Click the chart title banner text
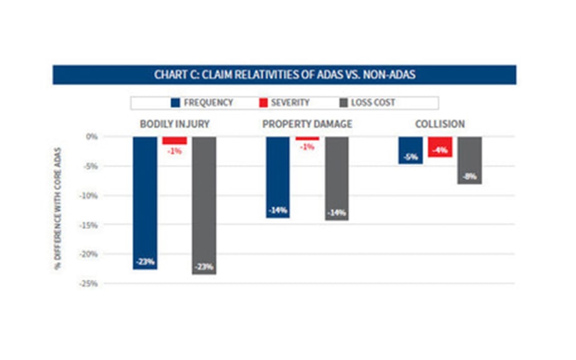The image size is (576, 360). click(285, 75)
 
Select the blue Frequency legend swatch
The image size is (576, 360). click(175, 103)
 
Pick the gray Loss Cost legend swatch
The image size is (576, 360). click(343, 103)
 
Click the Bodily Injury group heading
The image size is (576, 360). click(174, 124)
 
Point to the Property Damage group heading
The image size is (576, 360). click(307, 124)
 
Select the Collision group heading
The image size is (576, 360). click(440, 124)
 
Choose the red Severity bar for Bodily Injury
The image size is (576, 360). click(175, 140)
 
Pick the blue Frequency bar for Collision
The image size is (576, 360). click(411, 150)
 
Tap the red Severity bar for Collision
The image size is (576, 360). click(440, 147)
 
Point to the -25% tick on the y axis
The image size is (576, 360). click(90, 284)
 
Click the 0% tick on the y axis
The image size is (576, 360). click(92, 136)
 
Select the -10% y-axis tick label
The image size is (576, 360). click(90, 195)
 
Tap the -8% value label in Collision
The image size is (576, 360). click(470, 177)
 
